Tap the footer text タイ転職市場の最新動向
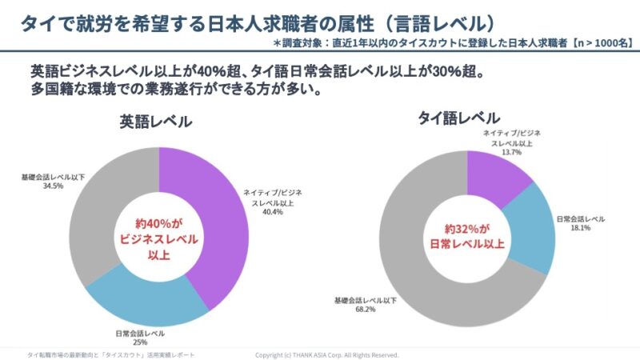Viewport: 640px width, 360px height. pos(63,354)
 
